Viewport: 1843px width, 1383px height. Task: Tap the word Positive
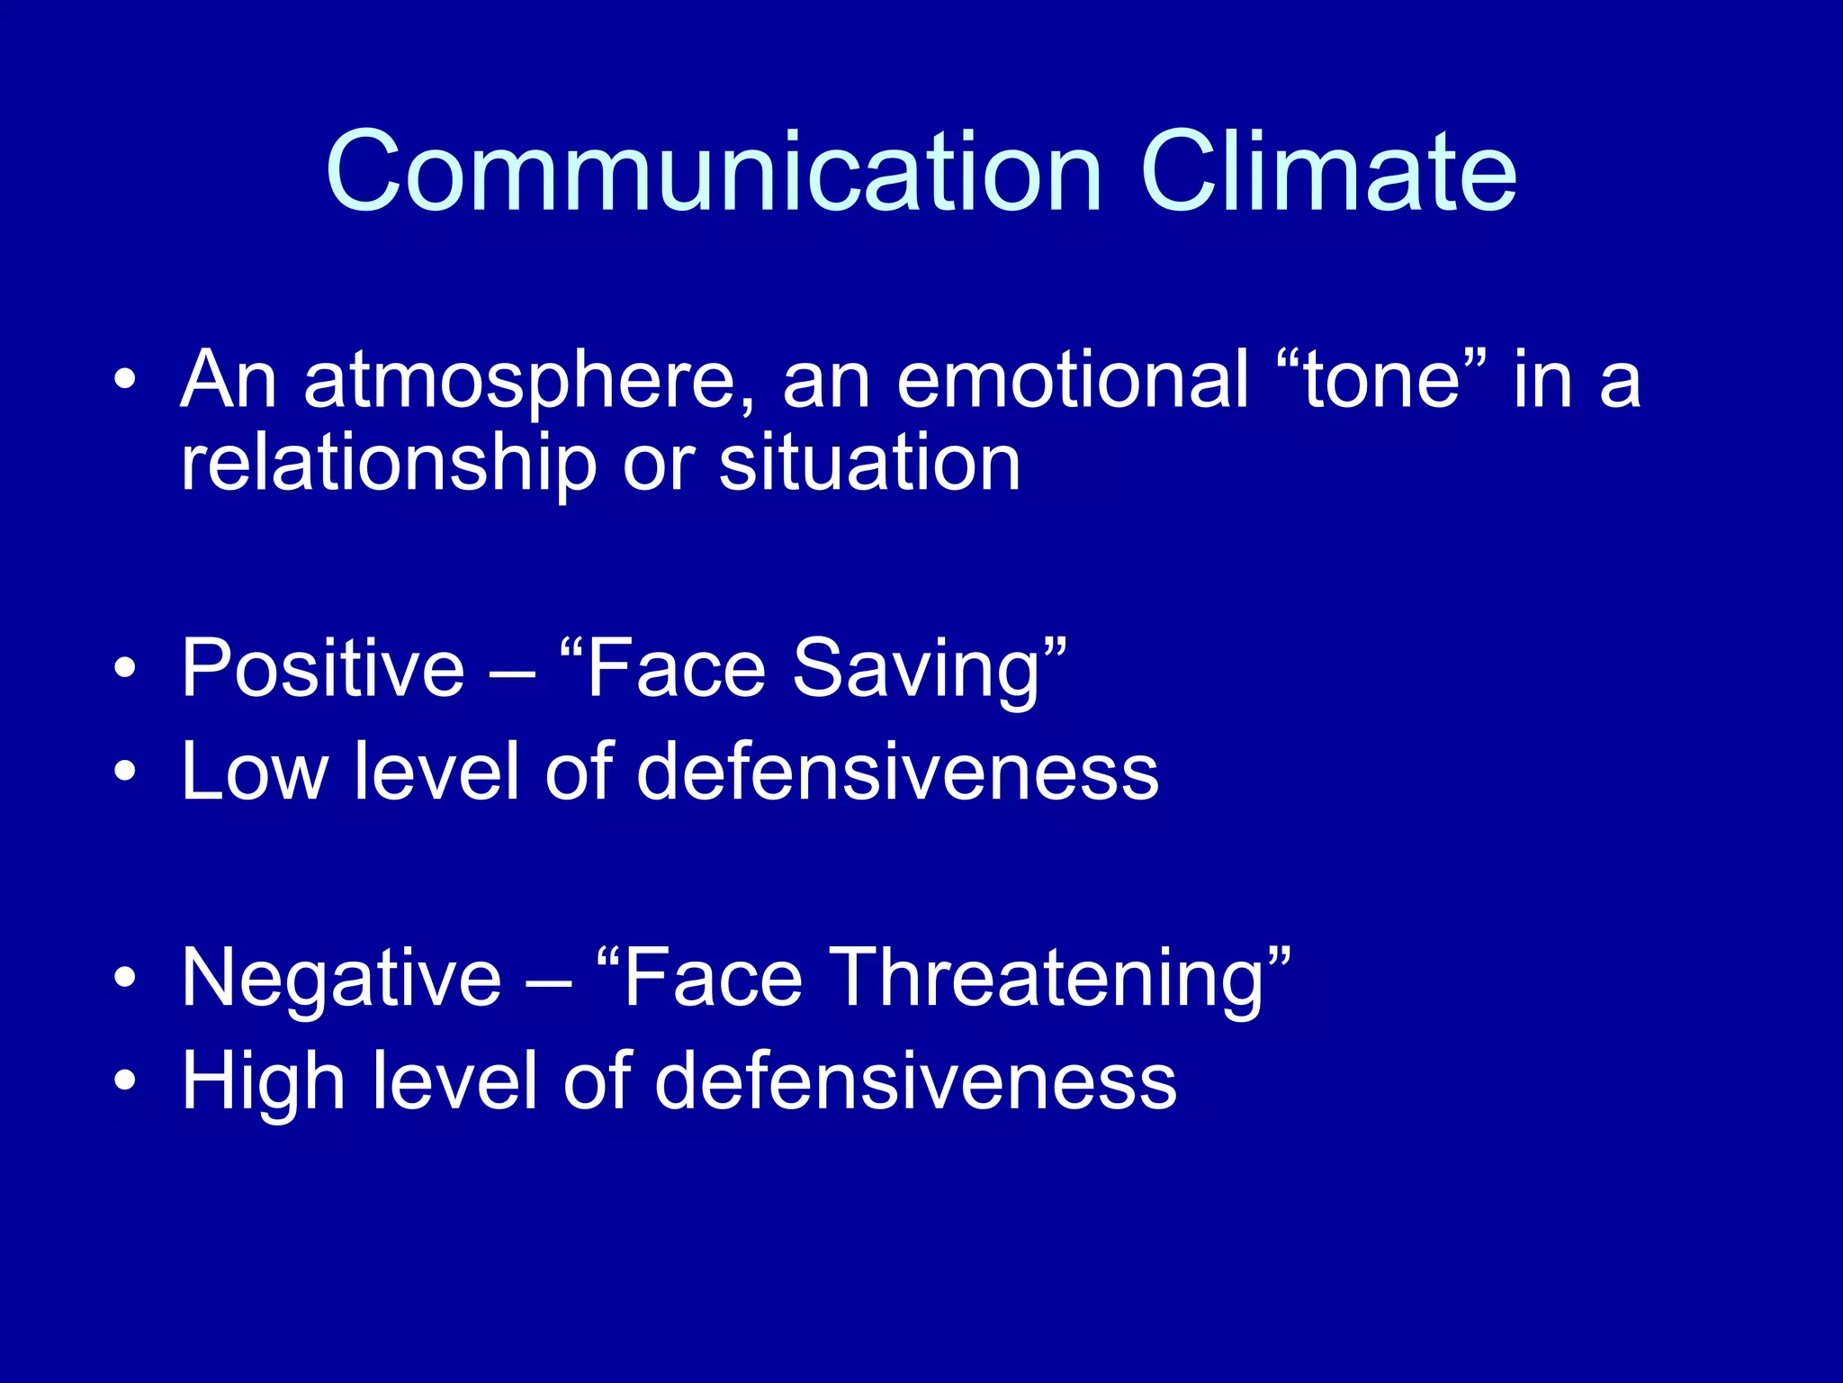click(x=323, y=668)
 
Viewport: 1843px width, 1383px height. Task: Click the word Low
click(x=255, y=772)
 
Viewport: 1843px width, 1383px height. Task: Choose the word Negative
click(x=341, y=979)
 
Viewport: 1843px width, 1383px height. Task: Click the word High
click(x=264, y=1082)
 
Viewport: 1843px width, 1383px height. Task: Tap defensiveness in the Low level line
click(x=897, y=772)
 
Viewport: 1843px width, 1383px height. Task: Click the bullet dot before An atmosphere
click(x=125, y=380)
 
